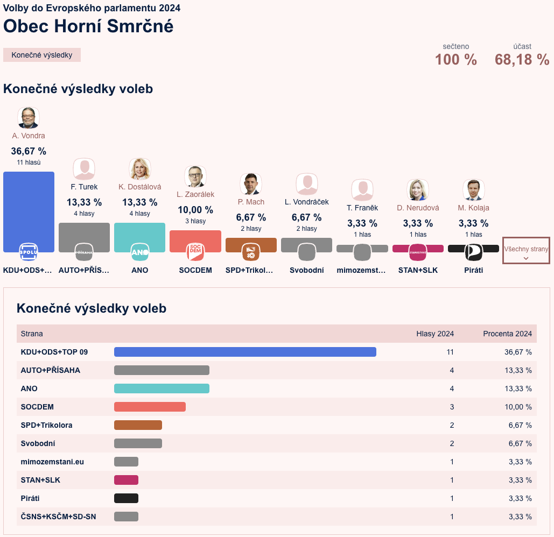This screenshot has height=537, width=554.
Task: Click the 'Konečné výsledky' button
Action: pyautogui.click(x=42, y=55)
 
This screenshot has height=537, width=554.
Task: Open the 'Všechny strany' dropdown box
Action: pyautogui.click(x=526, y=250)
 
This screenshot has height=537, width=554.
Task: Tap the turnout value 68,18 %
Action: pyautogui.click(x=522, y=60)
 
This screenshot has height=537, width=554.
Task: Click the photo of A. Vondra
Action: pyautogui.click(x=29, y=117)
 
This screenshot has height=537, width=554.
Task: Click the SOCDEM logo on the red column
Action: pyautogui.click(x=195, y=252)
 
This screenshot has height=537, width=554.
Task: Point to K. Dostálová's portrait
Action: pyautogui.click(x=140, y=169)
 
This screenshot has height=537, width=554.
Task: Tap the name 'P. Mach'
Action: pyautogui.click(x=251, y=202)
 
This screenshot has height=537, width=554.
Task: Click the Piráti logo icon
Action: pyautogui.click(x=473, y=252)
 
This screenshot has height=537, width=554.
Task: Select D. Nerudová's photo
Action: pyautogui.click(x=417, y=190)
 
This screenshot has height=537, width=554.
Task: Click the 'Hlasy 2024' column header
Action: pyautogui.click(x=435, y=334)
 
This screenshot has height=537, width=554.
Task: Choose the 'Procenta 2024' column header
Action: pyautogui.click(x=507, y=334)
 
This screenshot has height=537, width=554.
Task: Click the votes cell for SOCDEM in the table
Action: pyautogui.click(x=452, y=407)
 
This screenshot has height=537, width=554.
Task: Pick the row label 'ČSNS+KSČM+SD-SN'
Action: pyautogui.click(x=59, y=517)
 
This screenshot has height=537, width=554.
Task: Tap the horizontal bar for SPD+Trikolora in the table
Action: pyautogui.click(x=138, y=425)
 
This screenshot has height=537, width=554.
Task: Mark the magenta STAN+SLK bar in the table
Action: pyautogui.click(x=126, y=480)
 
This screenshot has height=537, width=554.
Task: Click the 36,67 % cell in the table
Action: pyautogui.click(x=518, y=352)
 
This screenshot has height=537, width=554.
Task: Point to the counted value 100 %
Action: pyautogui.click(x=455, y=60)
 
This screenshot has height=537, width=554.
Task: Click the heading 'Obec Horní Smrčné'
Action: pyautogui.click(x=88, y=26)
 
